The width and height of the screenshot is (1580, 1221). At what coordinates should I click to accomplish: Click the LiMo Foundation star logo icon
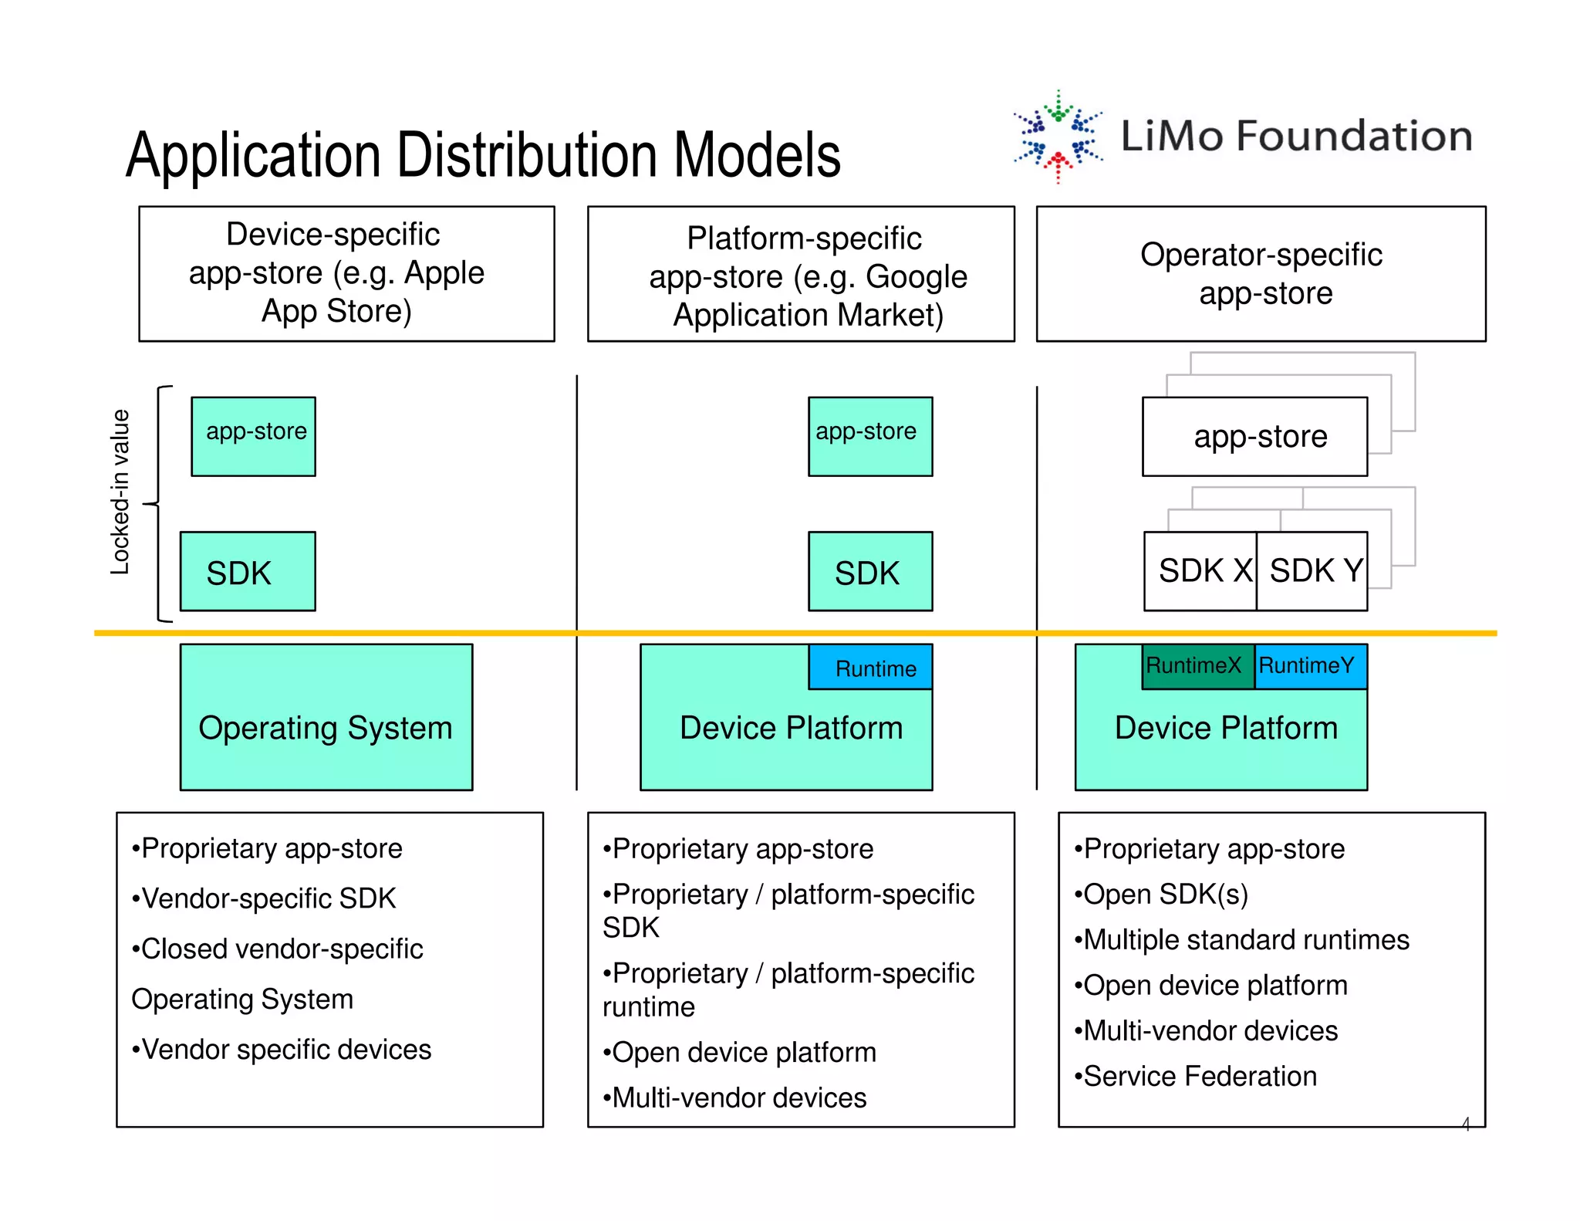[1058, 137]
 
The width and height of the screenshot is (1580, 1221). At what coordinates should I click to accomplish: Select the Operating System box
[326, 717]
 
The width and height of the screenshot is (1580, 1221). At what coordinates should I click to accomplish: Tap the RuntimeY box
[1309, 666]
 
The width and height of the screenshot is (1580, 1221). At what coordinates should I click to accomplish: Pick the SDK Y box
[1312, 571]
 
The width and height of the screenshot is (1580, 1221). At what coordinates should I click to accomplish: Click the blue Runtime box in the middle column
[870, 668]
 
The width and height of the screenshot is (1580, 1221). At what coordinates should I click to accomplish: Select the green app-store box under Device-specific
[254, 436]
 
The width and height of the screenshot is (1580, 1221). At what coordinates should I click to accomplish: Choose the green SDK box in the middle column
[869, 571]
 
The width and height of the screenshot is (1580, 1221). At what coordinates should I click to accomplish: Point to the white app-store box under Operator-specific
[1254, 437]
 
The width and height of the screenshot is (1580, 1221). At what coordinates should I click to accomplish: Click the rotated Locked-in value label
[120, 492]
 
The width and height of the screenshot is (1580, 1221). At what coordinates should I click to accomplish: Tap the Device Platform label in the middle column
[791, 729]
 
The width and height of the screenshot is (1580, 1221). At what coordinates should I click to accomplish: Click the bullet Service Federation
[1199, 1076]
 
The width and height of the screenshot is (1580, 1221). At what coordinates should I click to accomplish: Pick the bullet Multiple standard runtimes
[1245, 940]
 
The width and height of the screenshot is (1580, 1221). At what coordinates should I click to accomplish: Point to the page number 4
[1465, 1124]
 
